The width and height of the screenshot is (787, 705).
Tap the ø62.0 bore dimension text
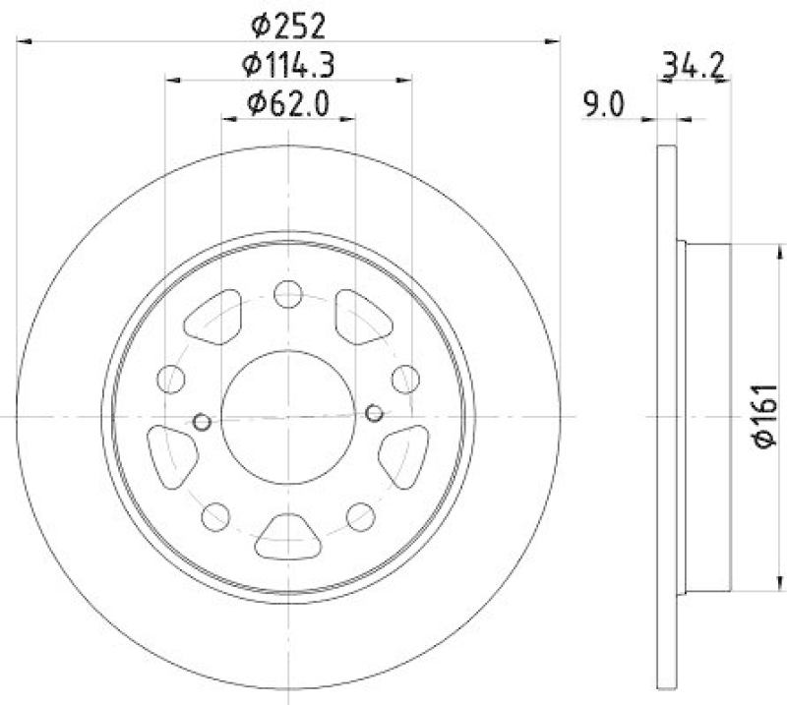[288, 101]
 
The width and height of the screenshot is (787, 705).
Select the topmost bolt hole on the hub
[288, 294]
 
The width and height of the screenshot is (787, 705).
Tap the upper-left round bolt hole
[172, 378]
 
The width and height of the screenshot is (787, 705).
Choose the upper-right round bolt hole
[404, 378]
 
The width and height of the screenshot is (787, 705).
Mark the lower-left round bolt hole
[215, 514]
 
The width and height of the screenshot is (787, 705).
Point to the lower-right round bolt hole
[361, 514]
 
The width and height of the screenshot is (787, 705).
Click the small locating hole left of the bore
[202, 422]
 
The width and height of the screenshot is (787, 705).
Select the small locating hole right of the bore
[374, 412]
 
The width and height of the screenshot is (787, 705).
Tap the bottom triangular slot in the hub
[288, 537]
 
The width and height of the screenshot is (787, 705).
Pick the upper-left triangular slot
[217, 317]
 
